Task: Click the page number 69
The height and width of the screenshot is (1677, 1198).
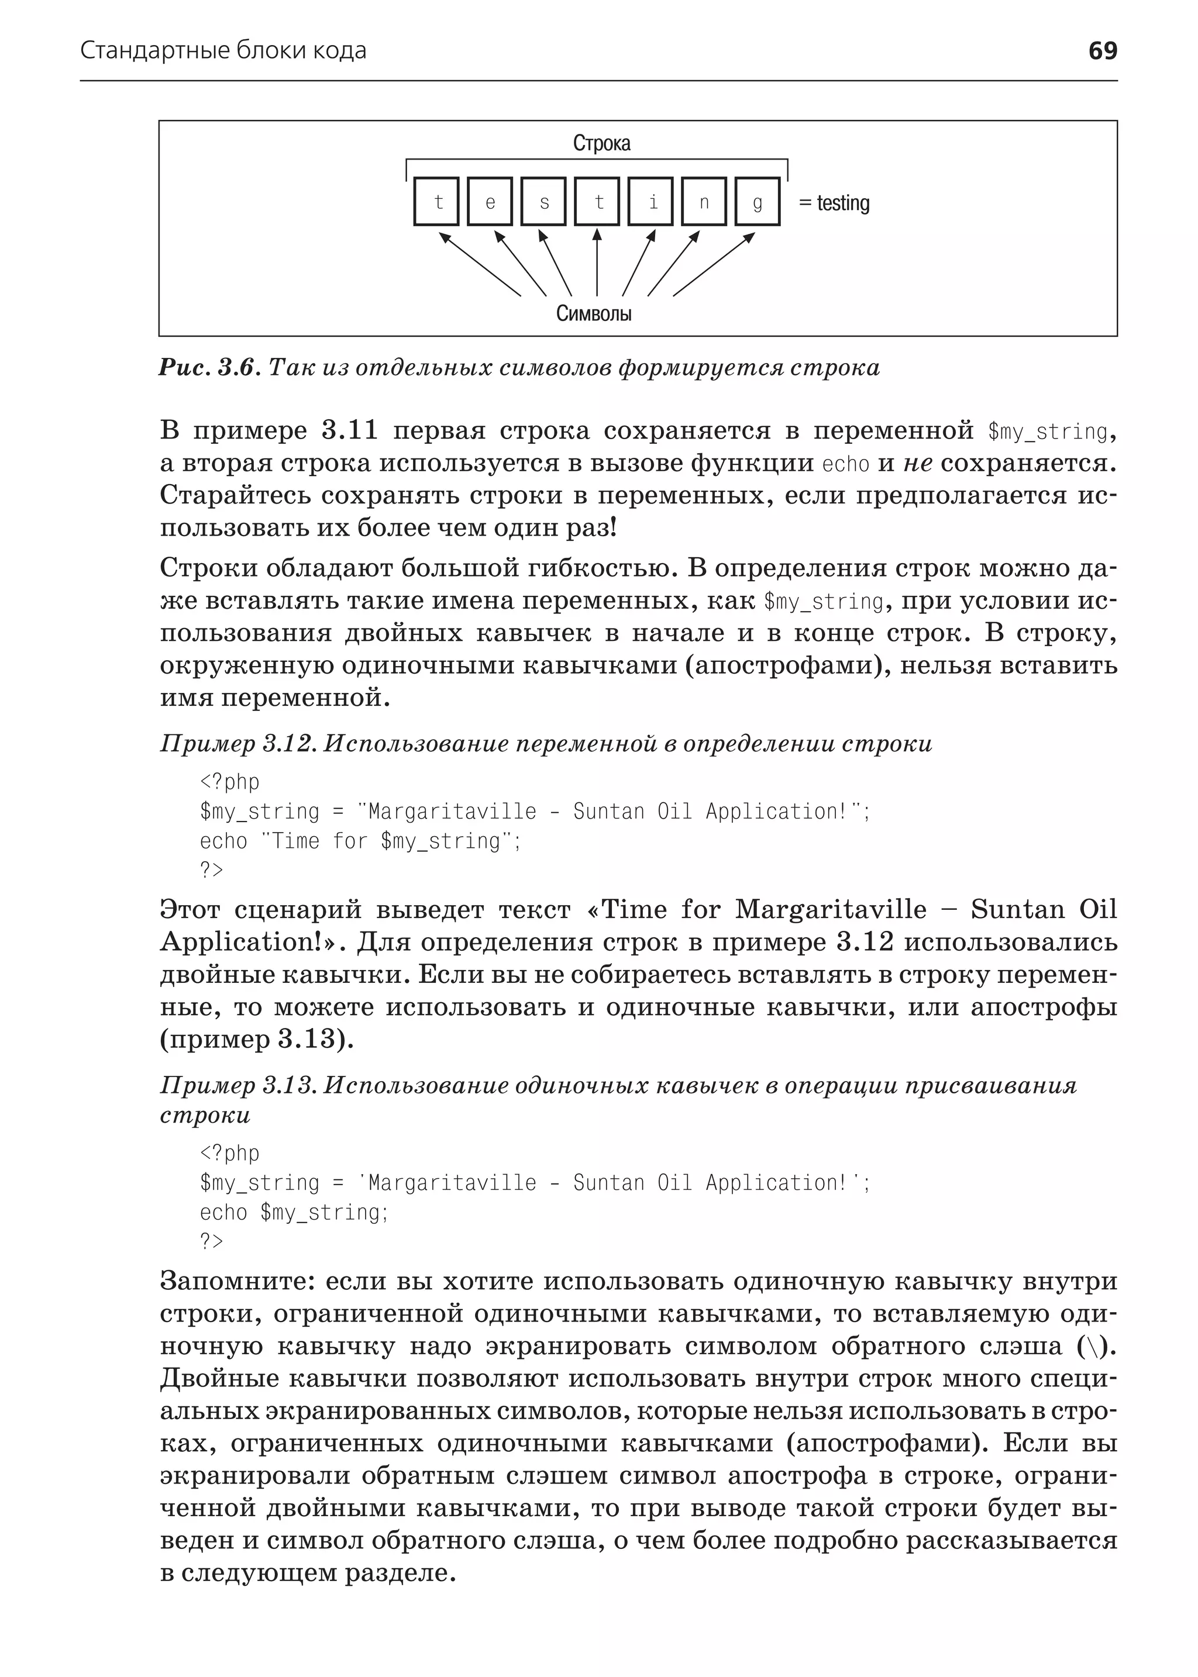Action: coord(1102,51)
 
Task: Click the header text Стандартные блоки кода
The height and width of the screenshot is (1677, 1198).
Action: coord(223,51)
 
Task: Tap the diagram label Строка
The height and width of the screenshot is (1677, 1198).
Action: coord(601,143)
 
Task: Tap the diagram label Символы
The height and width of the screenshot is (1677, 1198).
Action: coord(594,314)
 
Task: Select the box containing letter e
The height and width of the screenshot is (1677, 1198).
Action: coord(490,201)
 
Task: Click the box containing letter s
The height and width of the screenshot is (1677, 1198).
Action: coord(543,201)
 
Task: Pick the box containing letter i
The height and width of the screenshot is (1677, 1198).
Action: coord(650,201)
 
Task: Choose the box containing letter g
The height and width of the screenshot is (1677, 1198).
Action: coord(758,201)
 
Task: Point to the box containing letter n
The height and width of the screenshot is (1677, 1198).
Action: coord(704,201)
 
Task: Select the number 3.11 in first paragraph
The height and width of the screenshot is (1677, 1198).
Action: coord(349,431)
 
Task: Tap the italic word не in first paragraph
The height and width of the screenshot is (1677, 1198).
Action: coord(918,463)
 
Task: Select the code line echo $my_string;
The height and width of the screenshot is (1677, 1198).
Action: coord(294,1212)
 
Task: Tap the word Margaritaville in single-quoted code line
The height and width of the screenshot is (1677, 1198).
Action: coord(452,1183)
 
